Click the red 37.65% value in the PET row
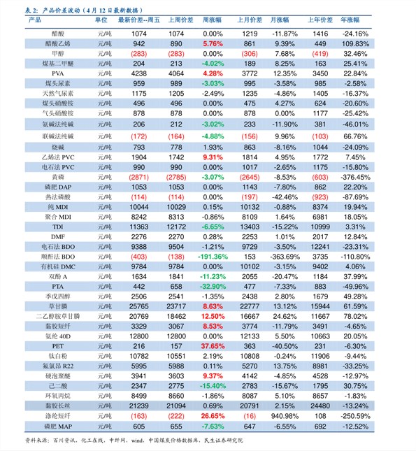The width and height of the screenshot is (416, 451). (213, 346)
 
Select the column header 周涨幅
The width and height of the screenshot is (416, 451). (212, 20)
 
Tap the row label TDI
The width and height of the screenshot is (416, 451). (58, 227)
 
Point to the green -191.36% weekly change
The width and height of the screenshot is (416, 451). (213, 257)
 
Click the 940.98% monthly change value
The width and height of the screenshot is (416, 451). (285, 416)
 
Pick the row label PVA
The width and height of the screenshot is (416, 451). (58, 73)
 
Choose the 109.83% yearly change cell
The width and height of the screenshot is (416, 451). (355, 44)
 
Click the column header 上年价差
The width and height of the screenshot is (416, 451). (320, 20)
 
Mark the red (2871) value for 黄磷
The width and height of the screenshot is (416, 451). (139, 177)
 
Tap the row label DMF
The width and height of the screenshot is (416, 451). (58, 237)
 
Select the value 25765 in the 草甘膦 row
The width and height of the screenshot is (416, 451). (139, 306)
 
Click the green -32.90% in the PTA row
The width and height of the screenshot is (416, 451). (213, 287)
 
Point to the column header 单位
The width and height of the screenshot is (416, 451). (101, 20)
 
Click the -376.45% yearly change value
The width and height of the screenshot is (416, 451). (355, 177)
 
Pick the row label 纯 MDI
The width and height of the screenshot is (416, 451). (58, 207)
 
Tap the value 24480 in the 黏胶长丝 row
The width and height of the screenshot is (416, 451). (320, 406)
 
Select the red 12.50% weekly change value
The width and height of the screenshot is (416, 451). (213, 316)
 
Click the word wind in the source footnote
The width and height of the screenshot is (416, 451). (137, 441)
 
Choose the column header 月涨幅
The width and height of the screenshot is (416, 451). (280, 20)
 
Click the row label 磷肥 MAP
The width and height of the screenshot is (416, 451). (58, 427)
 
